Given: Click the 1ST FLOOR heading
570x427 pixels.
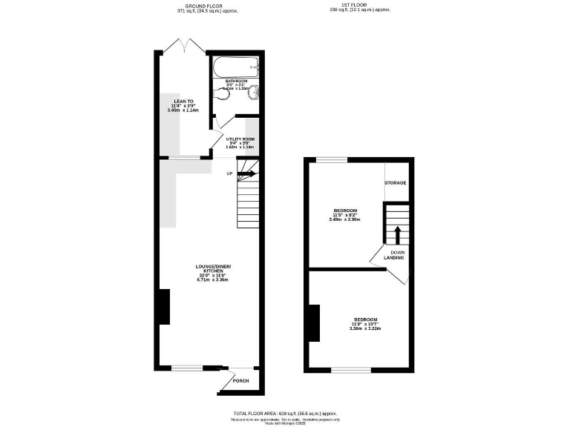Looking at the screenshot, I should [x=359, y=6].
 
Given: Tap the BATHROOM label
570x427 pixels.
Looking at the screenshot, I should [x=236, y=81].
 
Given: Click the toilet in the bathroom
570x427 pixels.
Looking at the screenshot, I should [x=252, y=91].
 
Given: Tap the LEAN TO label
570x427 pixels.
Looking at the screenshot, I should [x=183, y=101].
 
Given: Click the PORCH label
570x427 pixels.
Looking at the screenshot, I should [x=241, y=381].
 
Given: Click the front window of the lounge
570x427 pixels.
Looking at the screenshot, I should [x=187, y=367].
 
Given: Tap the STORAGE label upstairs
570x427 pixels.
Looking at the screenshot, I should [x=395, y=182].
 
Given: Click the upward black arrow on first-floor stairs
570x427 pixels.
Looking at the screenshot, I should [x=396, y=234].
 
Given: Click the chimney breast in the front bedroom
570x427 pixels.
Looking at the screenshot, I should [x=315, y=323].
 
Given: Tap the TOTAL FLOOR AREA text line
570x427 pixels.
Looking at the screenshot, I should [x=284, y=412].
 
